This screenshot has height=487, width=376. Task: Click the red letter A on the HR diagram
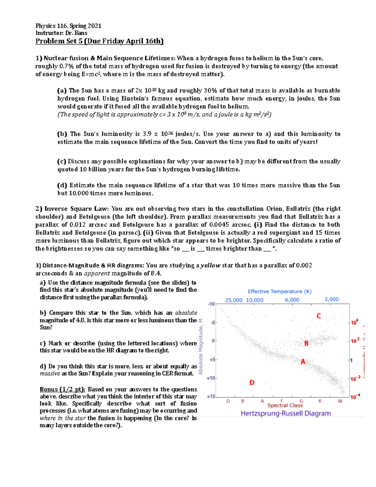303,362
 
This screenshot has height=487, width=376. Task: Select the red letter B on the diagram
306,343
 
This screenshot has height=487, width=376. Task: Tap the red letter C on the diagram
319,316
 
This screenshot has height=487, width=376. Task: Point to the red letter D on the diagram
252,383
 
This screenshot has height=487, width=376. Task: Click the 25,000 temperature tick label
233,300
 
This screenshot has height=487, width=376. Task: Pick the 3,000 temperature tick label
332,299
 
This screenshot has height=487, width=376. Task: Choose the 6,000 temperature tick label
292,300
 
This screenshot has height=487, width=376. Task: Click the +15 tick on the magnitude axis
211,397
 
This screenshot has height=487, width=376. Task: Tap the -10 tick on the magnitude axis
211,304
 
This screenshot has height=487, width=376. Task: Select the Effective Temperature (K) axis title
279,291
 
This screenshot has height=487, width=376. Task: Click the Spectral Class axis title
285,405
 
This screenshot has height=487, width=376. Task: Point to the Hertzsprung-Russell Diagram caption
285,413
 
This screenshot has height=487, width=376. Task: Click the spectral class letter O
228,401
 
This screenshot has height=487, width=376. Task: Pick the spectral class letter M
340,401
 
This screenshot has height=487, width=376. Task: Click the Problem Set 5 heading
99,41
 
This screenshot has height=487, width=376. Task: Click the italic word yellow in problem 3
211,266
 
